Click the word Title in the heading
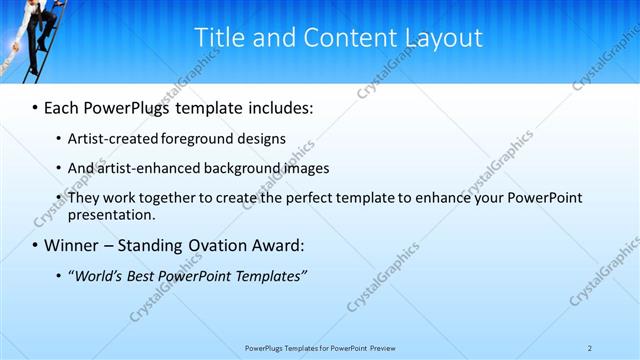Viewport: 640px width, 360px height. [215, 38]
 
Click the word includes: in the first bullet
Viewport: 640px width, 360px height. [278, 106]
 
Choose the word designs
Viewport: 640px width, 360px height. [263, 139]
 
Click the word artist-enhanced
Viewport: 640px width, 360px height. [149, 168]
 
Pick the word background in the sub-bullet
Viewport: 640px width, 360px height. [246, 168]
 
